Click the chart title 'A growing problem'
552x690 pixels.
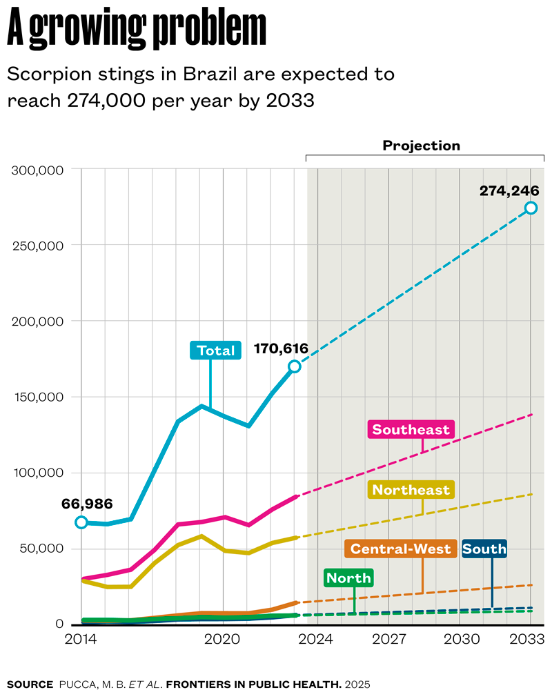click(137, 29)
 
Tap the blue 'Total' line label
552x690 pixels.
click(215, 351)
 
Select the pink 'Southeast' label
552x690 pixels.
click(411, 430)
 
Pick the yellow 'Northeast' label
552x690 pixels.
click(411, 490)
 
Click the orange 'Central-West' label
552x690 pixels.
click(400, 549)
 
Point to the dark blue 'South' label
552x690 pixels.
click(484, 549)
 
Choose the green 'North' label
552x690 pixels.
click(348, 578)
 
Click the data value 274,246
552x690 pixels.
click(509, 190)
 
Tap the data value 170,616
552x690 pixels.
click(281, 349)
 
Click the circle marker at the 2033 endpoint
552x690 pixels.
click(531, 208)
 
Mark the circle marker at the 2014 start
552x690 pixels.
click(81, 522)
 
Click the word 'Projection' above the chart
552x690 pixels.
click(421, 146)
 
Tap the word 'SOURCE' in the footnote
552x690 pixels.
click(30, 684)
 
